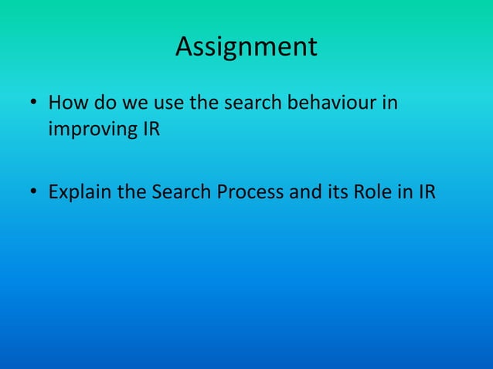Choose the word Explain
coord(80,191)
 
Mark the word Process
coord(248,191)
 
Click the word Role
coord(372,191)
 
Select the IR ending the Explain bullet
coord(426,191)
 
